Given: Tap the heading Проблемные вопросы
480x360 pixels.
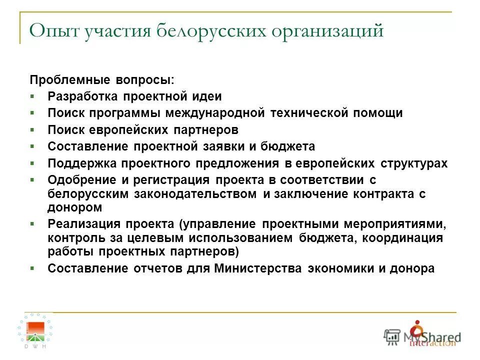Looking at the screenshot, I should tap(102, 80).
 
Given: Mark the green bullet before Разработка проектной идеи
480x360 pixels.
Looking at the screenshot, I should tap(32, 96).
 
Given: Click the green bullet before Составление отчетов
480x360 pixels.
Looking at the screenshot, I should tap(32, 268).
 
